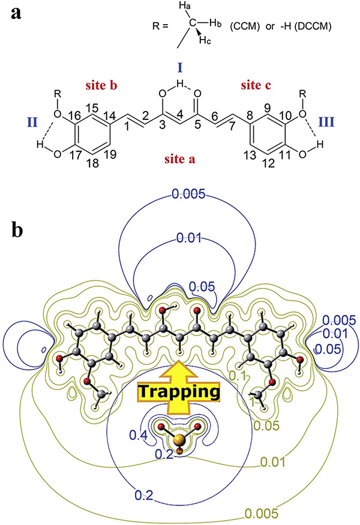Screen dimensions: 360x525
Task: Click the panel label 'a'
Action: (x=16, y=13)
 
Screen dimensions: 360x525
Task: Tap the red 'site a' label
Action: (x=179, y=159)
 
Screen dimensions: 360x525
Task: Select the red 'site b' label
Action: (x=101, y=85)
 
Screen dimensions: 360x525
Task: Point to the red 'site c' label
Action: (x=256, y=85)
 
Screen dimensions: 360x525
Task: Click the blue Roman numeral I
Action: (x=180, y=68)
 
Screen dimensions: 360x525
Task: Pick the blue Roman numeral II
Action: (x=32, y=122)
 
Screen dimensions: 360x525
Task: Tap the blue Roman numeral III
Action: (x=326, y=122)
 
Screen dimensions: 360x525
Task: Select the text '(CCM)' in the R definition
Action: (x=245, y=26)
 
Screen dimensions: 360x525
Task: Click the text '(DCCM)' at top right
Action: (x=310, y=26)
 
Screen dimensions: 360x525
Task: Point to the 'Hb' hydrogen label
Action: (x=215, y=24)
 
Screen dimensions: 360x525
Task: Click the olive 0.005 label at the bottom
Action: (x=262, y=514)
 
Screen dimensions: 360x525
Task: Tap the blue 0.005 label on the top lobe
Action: (x=188, y=194)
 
